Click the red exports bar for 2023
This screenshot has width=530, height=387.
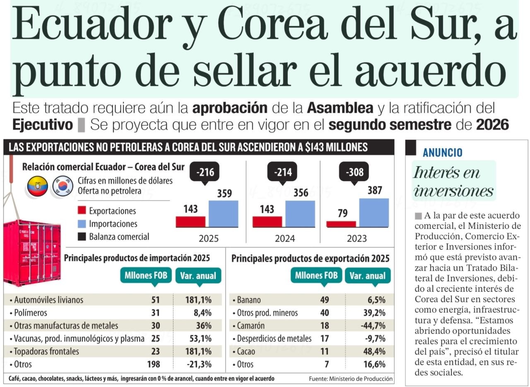(x=341, y=224)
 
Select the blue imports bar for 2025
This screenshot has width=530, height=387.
(x=223, y=213)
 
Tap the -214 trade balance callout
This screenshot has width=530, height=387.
(x=282, y=172)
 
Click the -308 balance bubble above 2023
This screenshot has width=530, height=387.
(x=354, y=172)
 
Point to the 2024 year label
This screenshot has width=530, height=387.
(x=285, y=239)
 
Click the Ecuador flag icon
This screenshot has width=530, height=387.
(x=38, y=186)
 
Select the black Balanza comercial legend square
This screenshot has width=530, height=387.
(x=82, y=237)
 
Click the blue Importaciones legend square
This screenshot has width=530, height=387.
(x=82, y=224)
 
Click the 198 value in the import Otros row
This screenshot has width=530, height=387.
(x=153, y=364)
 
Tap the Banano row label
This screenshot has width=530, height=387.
(x=249, y=300)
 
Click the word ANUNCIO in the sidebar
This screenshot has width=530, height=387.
(x=442, y=152)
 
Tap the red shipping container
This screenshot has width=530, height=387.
(x=31, y=253)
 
